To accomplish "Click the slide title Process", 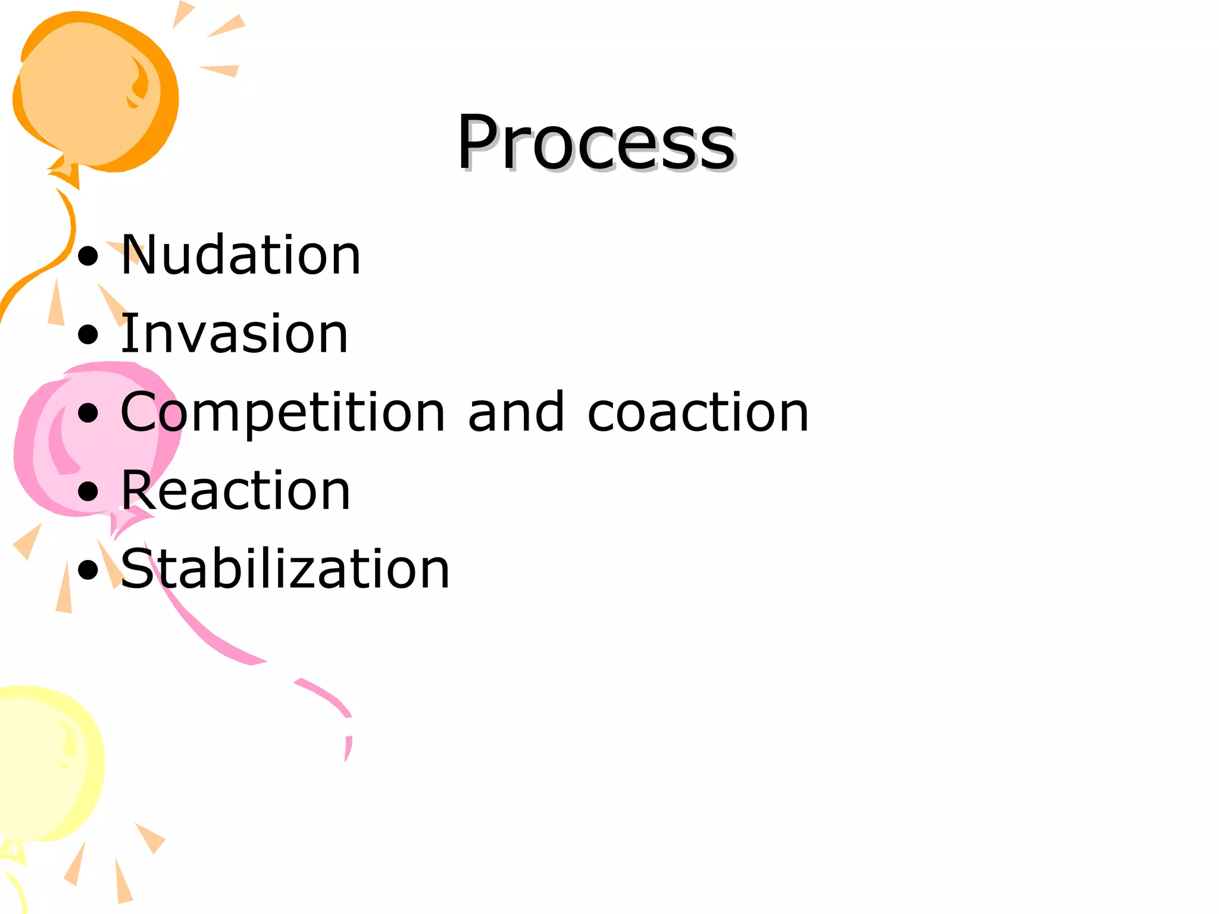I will coord(596,143).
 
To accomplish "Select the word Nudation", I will coord(240,255).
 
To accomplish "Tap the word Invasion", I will coord(234,334).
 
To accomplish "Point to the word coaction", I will coord(698,412).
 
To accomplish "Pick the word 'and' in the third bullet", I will coord(516,412).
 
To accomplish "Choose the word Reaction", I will coord(236,491).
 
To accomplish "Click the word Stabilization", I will coord(285,569).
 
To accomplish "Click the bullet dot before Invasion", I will coord(88,335).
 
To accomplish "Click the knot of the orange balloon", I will coord(65,173).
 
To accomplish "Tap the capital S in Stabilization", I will coord(138,569).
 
